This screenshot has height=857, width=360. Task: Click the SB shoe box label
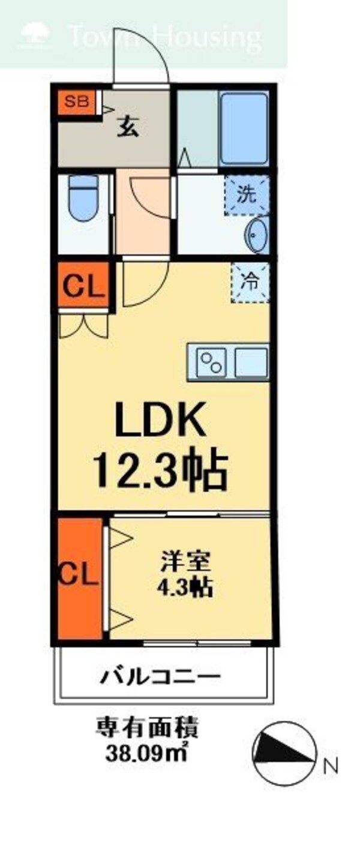(x=76, y=101)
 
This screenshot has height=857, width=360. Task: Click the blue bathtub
(x=244, y=127)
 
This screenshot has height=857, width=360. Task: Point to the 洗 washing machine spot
(x=246, y=194)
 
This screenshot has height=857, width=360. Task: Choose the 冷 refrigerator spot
(x=250, y=282)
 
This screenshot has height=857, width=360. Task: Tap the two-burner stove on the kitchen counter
(x=209, y=362)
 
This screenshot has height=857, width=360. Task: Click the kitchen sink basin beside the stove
(x=251, y=362)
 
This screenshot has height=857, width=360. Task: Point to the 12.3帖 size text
(x=160, y=471)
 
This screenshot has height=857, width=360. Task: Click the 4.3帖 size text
(x=185, y=588)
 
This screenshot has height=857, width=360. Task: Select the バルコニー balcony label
(x=160, y=679)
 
